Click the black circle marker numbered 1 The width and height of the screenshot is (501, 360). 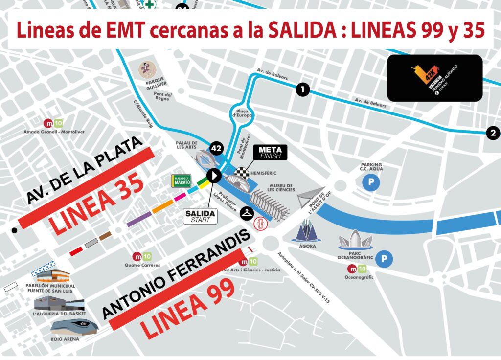click(303, 90)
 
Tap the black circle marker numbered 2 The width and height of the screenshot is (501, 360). click(493, 133)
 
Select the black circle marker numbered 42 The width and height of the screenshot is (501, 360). click(217, 148)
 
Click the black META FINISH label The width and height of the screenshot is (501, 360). click(273, 152)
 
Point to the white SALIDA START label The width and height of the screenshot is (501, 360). click(200, 216)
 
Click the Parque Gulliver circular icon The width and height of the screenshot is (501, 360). click(146, 68)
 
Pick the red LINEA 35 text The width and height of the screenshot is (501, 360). click(96, 204)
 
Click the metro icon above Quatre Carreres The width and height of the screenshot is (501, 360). click(142, 256)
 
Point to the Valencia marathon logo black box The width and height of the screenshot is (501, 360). click(434, 78)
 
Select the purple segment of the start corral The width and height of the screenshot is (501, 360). click(138, 218)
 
